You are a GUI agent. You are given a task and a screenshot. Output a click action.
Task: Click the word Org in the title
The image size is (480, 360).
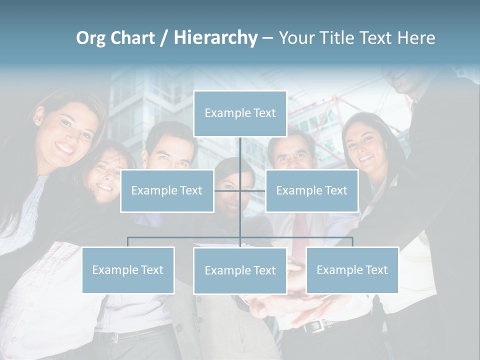92,37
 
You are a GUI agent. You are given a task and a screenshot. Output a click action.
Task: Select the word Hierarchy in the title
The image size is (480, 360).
215,37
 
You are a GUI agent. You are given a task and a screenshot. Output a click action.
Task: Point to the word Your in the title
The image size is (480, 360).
295,37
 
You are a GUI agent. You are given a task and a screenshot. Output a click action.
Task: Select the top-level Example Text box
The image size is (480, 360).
240,113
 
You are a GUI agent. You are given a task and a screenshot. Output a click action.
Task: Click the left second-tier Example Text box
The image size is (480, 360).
166,190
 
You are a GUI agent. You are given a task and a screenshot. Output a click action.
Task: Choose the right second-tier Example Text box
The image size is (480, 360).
311,190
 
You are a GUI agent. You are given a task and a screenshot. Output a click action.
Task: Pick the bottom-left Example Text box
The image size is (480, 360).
128,270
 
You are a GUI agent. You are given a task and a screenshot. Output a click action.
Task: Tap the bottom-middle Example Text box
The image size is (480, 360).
240,270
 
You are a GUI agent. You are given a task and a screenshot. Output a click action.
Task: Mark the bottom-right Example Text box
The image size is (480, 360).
352,270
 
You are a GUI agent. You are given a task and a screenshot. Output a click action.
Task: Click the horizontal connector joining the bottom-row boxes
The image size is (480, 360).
185,237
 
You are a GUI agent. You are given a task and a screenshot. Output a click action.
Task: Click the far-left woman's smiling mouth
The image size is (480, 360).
66,147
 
